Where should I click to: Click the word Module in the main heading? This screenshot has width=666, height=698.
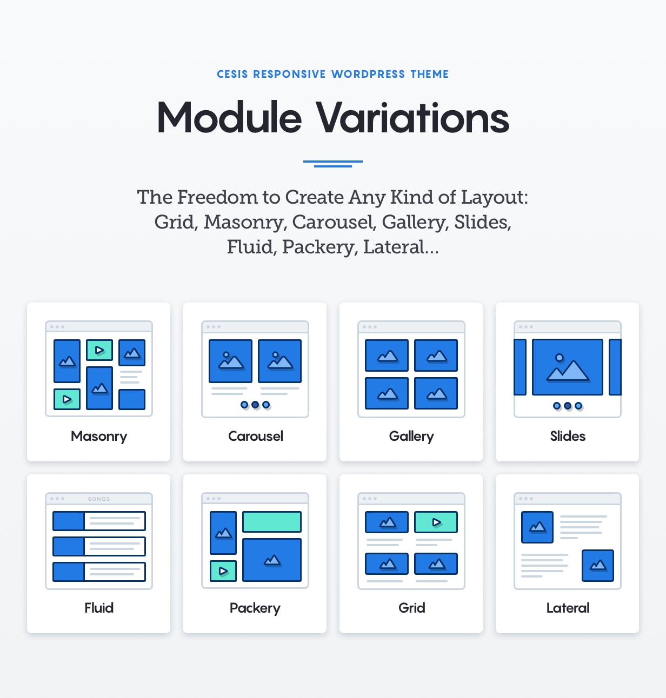[x=230, y=117]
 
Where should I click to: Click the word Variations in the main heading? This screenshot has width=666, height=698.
[x=412, y=117]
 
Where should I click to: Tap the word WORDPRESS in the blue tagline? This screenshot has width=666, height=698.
[x=368, y=74]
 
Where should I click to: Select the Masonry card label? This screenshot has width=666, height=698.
[x=99, y=437]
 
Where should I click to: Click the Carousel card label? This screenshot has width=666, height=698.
[x=256, y=436]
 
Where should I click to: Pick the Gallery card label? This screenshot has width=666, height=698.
[x=411, y=437]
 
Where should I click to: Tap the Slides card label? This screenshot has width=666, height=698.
[x=568, y=436]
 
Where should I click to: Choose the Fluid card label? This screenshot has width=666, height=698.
[x=99, y=608]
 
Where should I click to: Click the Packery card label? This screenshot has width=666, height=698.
[x=255, y=608]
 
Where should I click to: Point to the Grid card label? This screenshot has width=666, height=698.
[x=411, y=608]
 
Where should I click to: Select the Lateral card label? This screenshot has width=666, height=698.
[x=568, y=608]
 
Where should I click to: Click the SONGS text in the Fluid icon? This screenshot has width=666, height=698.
[x=99, y=499]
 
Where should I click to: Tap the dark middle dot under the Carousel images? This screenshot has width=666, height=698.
[x=255, y=405]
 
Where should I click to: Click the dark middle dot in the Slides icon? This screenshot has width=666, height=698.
[x=568, y=405]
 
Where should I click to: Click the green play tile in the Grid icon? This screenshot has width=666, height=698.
[x=436, y=522]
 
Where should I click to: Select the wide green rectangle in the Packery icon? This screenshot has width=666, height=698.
[x=272, y=521]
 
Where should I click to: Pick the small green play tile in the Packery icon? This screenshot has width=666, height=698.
[x=223, y=571]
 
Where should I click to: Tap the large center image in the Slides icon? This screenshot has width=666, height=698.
[x=568, y=367]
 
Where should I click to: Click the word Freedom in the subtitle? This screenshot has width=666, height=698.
[x=217, y=197]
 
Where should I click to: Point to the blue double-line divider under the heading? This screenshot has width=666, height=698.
[x=332, y=164]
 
